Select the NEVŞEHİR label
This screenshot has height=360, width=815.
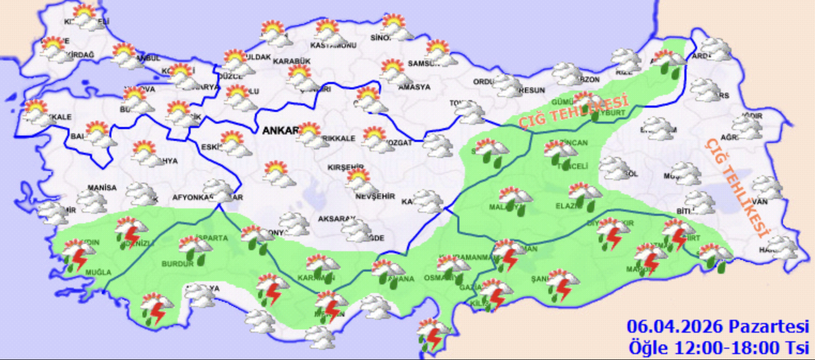[x=375, y=197]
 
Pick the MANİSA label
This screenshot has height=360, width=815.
[x=102, y=187]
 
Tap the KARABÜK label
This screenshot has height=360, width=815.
[x=292, y=61]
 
